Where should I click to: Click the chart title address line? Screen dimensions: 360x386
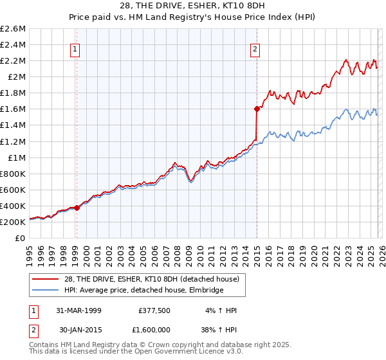point(193,6)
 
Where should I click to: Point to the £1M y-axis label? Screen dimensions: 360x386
point(17,157)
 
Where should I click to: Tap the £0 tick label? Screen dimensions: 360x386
point(21,238)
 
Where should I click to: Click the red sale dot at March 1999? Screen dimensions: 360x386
point(77,208)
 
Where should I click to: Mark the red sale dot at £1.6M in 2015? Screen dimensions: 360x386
point(256,109)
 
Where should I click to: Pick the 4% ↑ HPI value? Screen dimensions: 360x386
point(222,310)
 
